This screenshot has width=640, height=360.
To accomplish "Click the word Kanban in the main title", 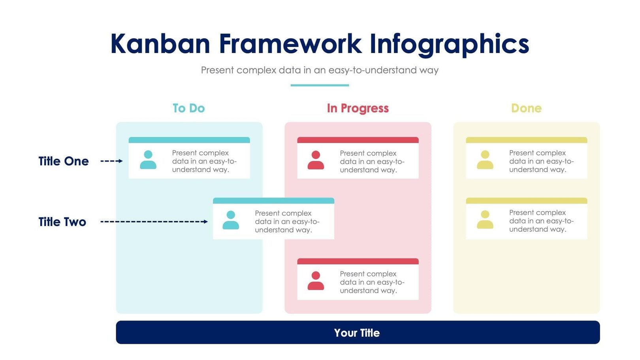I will [x=160, y=43].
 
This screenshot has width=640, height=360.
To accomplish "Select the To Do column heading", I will [x=188, y=108].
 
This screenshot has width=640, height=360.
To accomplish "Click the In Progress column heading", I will [x=358, y=108].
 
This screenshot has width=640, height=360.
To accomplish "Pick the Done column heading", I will [x=526, y=108].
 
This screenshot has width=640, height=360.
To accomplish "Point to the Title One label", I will [x=64, y=161].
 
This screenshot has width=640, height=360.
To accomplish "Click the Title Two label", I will [x=62, y=222].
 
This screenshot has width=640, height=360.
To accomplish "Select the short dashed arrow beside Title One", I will [x=111, y=161].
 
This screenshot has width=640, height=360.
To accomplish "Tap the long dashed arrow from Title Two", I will [x=154, y=222].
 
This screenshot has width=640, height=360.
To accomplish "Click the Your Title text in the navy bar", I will [x=357, y=333].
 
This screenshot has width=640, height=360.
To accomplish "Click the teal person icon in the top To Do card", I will [x=148, y=160].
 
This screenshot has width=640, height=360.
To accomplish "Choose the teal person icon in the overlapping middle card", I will [x=231, y=221].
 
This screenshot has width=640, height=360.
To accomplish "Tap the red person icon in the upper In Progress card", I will [x=316, y=160].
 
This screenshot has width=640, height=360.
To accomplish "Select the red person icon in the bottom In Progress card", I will [x=316, y=281].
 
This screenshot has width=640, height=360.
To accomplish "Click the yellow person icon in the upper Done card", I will [x=485, y=160].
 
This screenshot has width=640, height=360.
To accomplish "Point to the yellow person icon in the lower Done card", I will [x=485, y=220].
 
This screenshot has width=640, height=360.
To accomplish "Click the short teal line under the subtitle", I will [x=320, y=85].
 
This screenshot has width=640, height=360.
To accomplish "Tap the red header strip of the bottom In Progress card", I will [x=358, y=261].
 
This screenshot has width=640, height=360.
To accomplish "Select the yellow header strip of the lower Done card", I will [x=526, y=201].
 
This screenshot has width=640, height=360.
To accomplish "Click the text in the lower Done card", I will [x=541, y=221].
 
